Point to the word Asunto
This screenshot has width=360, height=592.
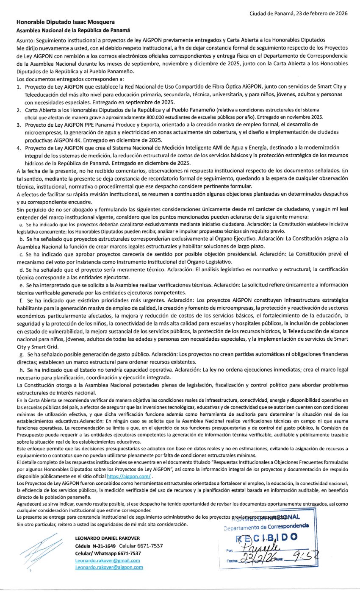click(24, 40)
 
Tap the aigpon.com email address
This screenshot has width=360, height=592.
click(109, 567)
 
